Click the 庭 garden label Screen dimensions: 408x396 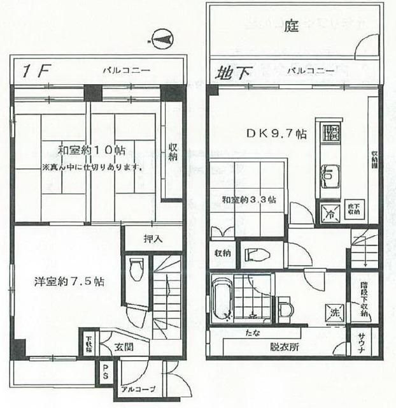click(x=292, y=27)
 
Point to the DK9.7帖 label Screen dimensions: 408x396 click(x=276, y=134)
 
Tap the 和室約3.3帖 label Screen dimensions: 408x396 click(x=249, y=200)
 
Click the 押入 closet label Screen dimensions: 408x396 click(x=152, y=240)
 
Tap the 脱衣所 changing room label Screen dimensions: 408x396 click(x=283, y=349)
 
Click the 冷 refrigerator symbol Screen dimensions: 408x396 click(x=330, y=214)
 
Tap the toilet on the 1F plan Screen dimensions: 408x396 click(x=135, y=270)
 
